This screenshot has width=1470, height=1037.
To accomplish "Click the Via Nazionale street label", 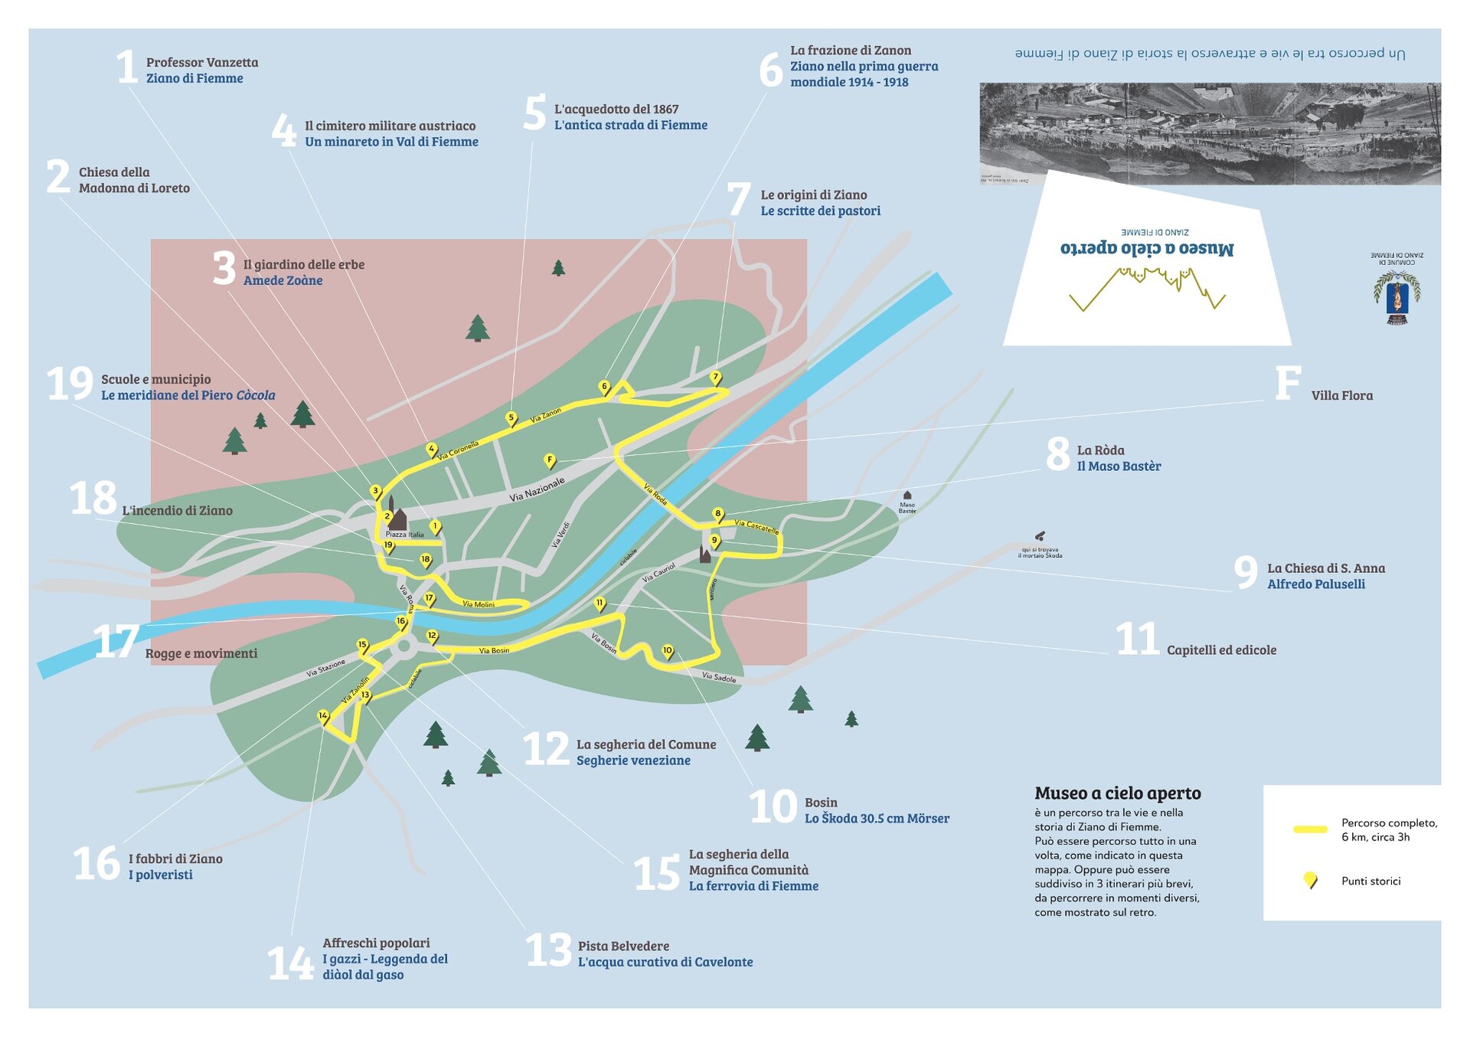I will tap(537, 489).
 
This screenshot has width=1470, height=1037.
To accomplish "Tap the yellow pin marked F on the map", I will tap(549, 460).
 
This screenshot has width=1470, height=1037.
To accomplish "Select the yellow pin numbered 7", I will tap(716, 378).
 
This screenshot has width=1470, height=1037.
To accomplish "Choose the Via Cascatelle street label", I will tap(756, 526).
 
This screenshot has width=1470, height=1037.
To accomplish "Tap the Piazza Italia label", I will tap(404, 535).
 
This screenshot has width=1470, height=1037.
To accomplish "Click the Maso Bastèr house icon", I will tap(907, 496).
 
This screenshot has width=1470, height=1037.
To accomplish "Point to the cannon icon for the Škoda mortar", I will tap(1040, 536).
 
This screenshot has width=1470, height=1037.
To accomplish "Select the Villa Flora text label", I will tap(1341, 396).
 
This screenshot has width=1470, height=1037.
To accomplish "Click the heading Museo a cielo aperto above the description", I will tap(1117, 793).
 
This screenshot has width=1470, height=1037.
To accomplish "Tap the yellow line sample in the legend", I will tap(1310, 829).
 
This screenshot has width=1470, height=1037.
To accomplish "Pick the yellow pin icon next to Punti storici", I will tap(1310, 880).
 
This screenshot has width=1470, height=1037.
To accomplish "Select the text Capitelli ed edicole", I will tap(1221, 650).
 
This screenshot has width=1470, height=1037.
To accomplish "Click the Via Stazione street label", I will tap(325, 668).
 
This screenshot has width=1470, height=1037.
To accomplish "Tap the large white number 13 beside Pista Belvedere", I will tap(548, 950).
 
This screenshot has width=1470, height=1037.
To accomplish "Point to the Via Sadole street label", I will tap(719, 677).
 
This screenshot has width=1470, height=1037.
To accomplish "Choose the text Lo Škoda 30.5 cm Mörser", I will tap(877, 819).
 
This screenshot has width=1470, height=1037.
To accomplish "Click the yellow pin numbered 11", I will tap(599, 604).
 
